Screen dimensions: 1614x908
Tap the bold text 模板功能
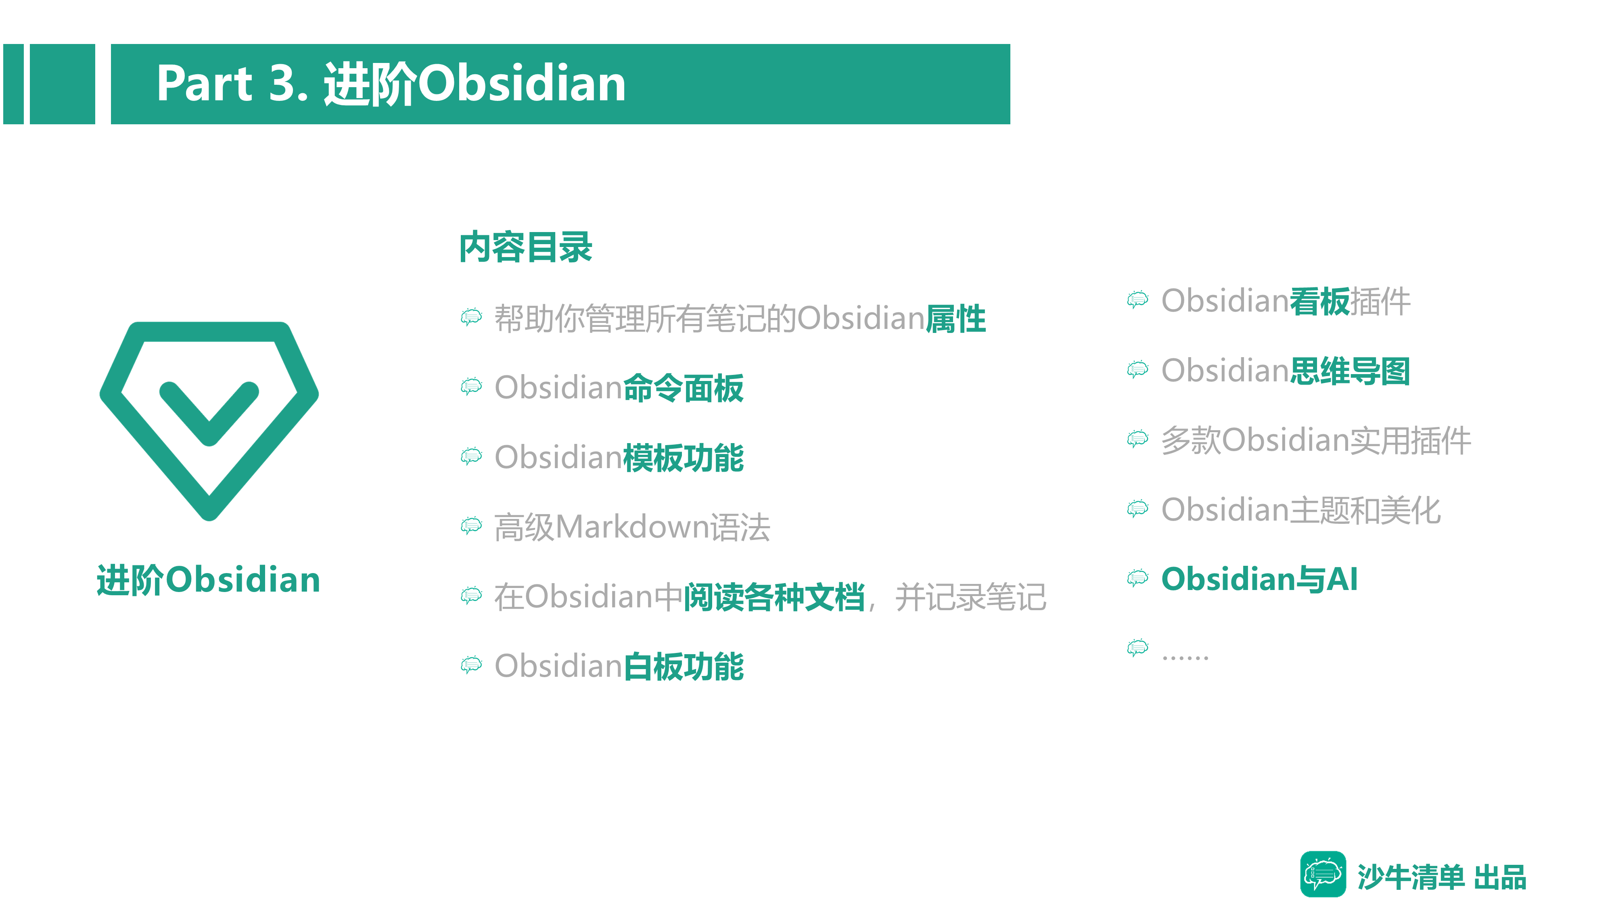point(683,458)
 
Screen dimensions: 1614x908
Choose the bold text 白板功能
point(683,666)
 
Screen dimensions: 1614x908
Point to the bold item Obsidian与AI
point(1259,579)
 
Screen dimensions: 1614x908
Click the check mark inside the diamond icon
point(209,414)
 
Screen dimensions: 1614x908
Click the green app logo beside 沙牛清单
point(1323,874)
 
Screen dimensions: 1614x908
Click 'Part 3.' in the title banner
point(232,84)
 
